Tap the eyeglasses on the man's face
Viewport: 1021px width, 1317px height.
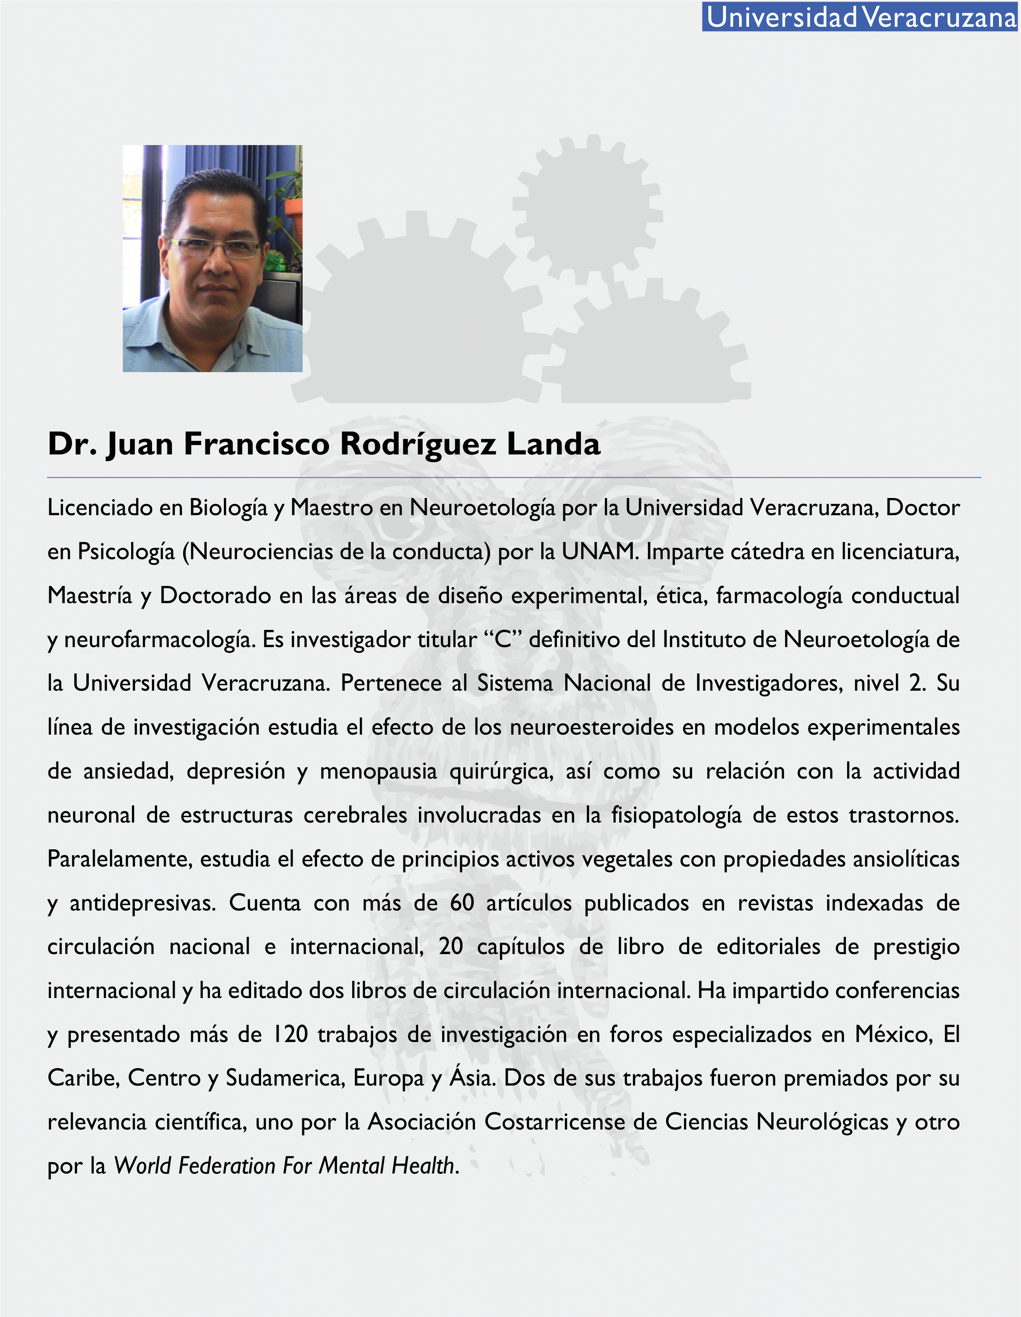point(214,248)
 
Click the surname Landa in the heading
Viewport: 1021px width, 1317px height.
point(553,444)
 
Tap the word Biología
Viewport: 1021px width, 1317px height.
point(228,508)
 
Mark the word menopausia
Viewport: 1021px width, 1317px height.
point(378,771)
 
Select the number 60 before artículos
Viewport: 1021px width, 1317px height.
point(462,903)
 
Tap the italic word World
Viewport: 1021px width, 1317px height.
point(143,1166)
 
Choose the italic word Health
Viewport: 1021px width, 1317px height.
point(423,1166)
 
